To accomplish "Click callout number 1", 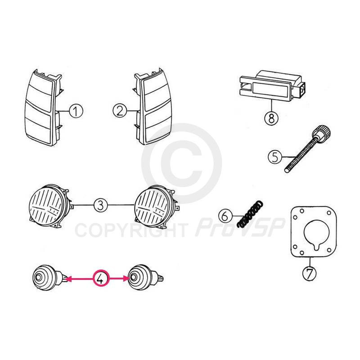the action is pos(76,111).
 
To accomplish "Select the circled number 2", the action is pos(120,111).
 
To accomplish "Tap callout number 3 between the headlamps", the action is pos(100,205).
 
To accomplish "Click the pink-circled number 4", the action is pos(101,278).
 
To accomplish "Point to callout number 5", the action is pos(275,157).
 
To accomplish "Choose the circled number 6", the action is pos(225,216).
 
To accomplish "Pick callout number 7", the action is pos(309,273).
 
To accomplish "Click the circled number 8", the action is pos(271,118).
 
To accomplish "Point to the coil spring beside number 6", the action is pos(250,215).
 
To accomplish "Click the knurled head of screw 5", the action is pos(321,131).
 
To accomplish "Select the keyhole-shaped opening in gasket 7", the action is pos(316,234).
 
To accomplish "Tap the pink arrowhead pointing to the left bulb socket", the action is pos(68,279).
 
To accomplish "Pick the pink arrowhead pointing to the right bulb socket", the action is pos(126,279).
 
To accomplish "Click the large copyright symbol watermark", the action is pos(181,163).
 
